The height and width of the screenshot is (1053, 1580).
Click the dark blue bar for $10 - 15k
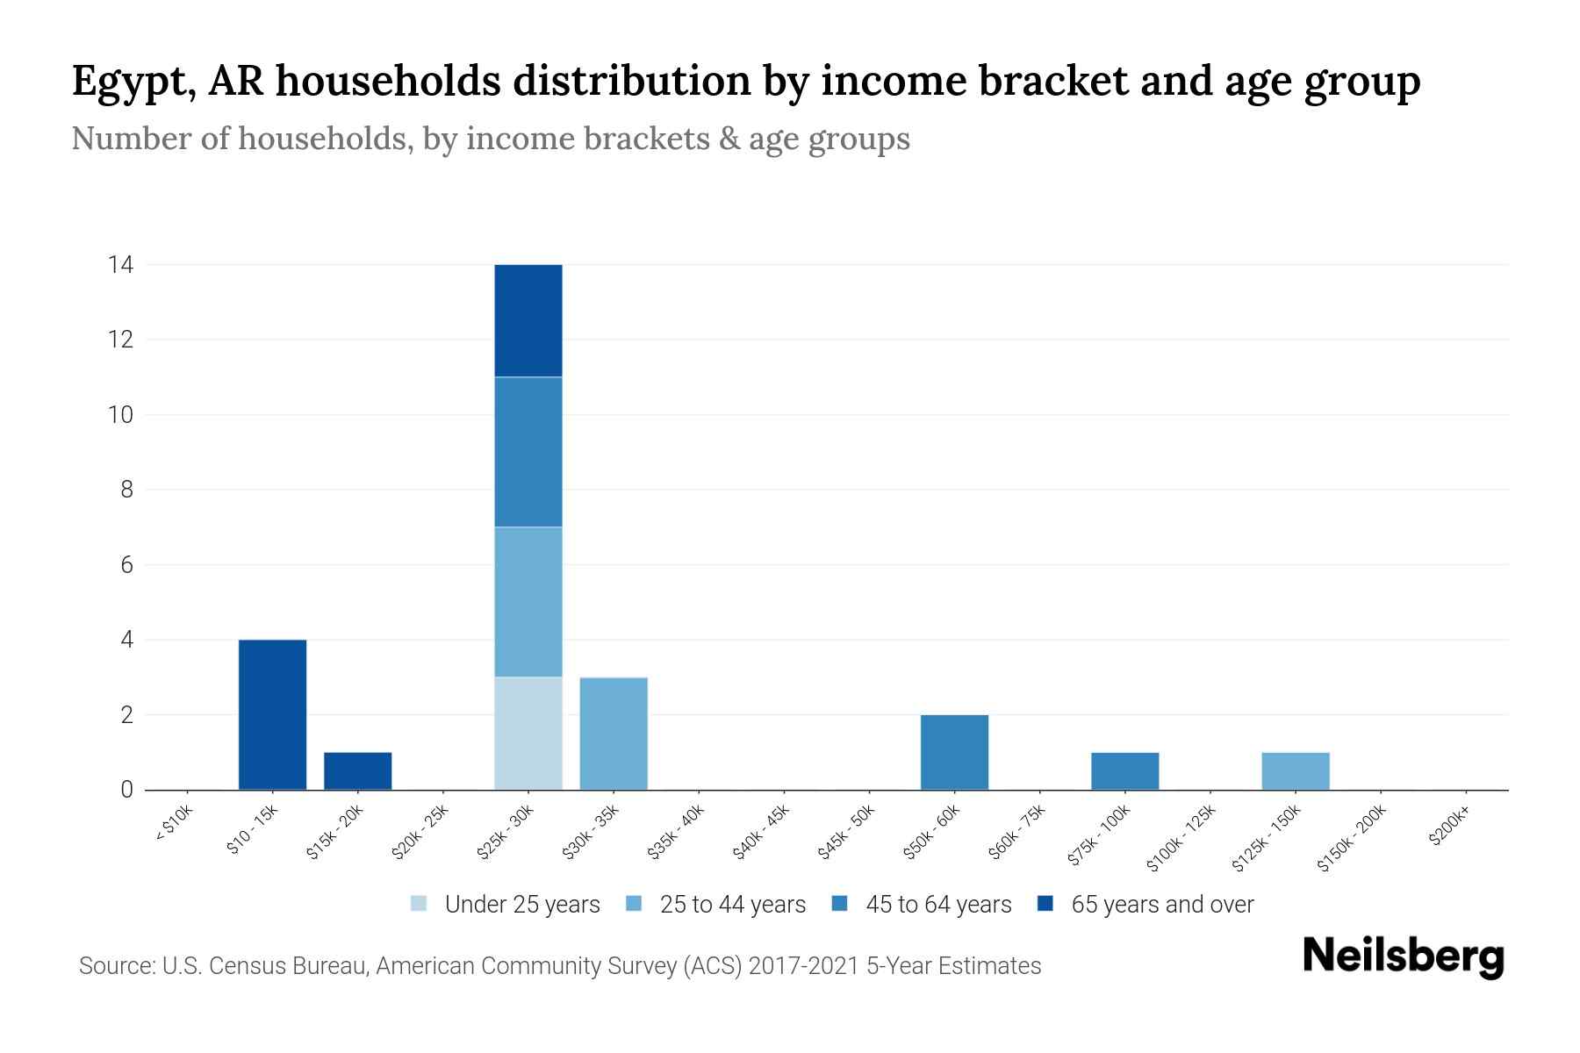[272, 714]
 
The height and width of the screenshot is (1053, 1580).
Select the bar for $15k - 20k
[357, 770]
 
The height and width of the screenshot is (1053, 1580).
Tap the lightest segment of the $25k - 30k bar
[528, 733]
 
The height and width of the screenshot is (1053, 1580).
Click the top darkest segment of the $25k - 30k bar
[528, 320]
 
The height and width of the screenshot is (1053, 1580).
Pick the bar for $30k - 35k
[614, 733]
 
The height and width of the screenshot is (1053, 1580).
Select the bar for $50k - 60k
[954, 752]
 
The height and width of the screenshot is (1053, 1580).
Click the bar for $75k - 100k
[1124, 770]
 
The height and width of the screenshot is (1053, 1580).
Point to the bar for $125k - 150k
[1295, 770]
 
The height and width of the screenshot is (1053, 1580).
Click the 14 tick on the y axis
[120, 264]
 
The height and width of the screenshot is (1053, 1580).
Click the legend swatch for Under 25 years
[419, 904]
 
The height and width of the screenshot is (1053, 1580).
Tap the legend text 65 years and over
[1161, 905]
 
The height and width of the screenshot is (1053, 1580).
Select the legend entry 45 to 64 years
[937, 905]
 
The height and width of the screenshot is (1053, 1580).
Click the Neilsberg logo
[1403, 956]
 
